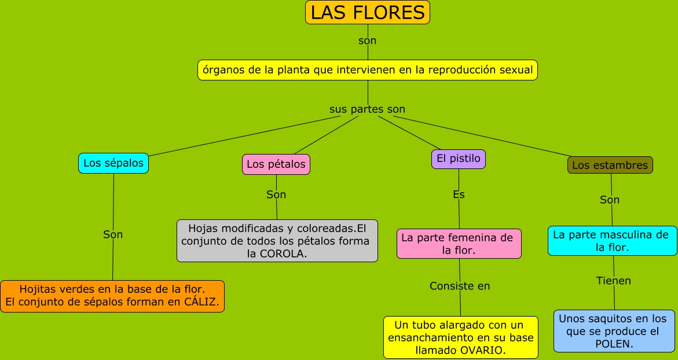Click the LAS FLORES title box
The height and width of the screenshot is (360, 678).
pos(368,12)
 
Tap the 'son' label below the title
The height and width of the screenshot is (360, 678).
pos(367,41)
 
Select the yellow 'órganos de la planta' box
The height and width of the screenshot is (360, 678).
pos(368,70)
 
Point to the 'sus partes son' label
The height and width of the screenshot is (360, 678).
pos(367,109)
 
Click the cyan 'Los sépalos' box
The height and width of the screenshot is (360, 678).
pos(113,163)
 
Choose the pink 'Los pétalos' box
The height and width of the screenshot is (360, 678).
pos(276,164)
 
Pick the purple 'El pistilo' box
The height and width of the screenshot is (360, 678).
pos(458,159)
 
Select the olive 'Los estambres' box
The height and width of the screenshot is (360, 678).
pos(610,165)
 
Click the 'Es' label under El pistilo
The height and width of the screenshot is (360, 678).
pos(459,195)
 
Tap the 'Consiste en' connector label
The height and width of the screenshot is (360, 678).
pos(460,286)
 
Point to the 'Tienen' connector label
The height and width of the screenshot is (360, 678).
pos(613,281)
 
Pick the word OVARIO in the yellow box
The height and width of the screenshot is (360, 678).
pos(483,350)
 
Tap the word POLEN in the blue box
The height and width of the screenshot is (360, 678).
pos(614,344)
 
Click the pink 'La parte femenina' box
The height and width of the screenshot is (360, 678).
pos(459,244)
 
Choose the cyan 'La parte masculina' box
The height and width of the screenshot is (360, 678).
pos(612,241)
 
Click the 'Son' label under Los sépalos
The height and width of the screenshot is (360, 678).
pos(113,234)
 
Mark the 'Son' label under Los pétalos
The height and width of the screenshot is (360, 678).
pos(276,194)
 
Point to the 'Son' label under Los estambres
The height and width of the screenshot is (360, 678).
pos(610,200)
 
